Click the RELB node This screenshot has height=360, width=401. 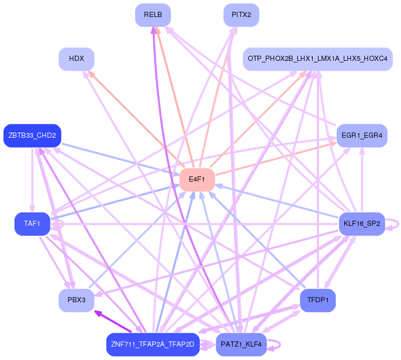pyautogui.click(x=153, y=15)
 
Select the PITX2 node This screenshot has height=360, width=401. pyautogui.click(x=241, y=15)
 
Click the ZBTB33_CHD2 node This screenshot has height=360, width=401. pyautogui.click(x=33, y=136)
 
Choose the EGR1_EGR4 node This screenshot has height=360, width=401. pyautogui.click(x=362, y=136)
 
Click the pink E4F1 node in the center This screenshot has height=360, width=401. pyautogui.click(x=196, y=179)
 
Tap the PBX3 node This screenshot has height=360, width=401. pyautogui.click(x=76, y=300)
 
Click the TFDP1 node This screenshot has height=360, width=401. pyautogui.click(x=317, y=300)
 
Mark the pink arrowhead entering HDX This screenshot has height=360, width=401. pyautogui.click(x=91, y=74)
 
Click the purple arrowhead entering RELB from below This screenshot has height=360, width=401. pyautogui.click(x=153, y=30)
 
